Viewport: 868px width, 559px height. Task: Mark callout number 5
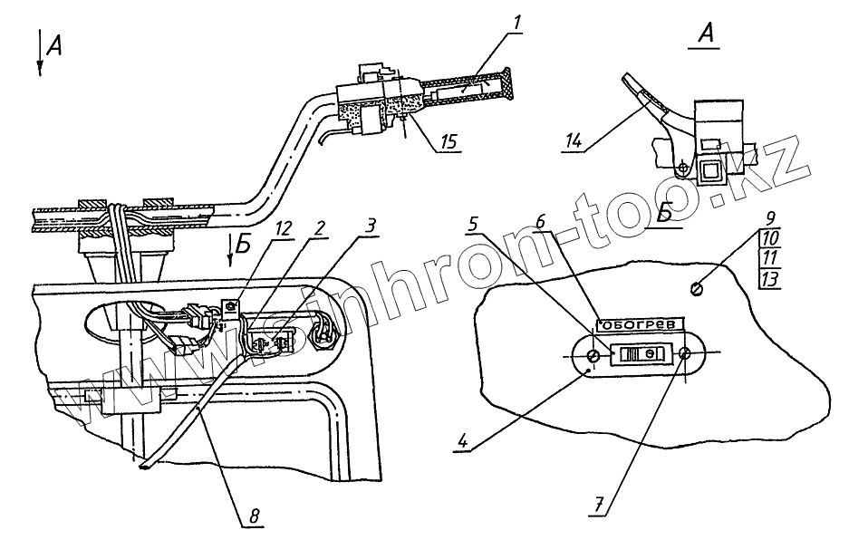pyautogui.click(x=474, y=222)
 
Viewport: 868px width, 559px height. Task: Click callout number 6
pyautogui.click(x=540, y=222)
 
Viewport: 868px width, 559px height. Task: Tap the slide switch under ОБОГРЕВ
pyautogui.click(x=641, y=355)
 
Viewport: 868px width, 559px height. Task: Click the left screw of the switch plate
pyautogui.click(x=593, y=355)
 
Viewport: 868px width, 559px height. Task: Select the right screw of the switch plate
pyautogui.click(x=687, y=355)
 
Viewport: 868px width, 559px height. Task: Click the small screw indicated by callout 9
pyautogui.click(x=696, y=289)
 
